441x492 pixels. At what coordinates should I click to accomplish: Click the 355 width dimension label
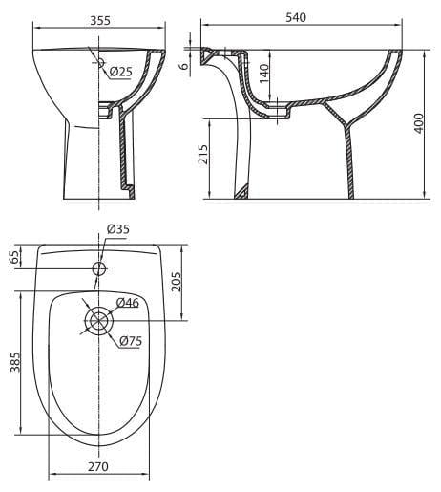click(100, 20)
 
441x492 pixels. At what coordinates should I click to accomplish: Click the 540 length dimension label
click(296, 17)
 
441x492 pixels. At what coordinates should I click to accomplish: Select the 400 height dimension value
click(419, 123)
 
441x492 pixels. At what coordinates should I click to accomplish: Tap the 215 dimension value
click(203, 155)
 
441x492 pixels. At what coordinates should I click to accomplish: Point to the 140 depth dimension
click(264, 74)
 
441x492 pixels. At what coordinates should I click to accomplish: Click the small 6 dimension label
click(183, 66)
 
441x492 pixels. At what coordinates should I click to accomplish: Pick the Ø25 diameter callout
click(120, 72)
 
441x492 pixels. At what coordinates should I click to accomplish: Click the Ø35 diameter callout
click(118, 229)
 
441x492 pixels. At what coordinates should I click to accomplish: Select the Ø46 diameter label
click(128, 303)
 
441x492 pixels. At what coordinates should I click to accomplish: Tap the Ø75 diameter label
click(131, 341)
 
